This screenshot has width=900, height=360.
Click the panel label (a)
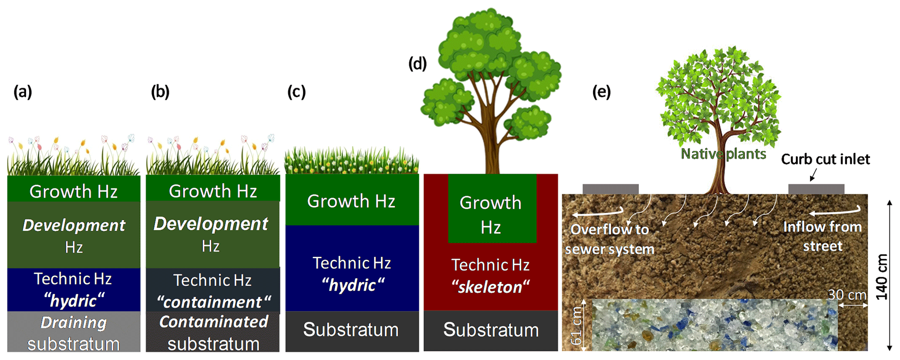click(x=23, y=92)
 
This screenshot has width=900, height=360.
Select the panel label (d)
click(x=418, y=64)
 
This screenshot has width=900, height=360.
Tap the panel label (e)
click(x=601, y=92)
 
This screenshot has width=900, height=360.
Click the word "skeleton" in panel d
click(x=490, y=287)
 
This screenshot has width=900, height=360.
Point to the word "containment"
click(x=213, y=302)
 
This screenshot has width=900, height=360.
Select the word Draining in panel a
click(x=74, y=323)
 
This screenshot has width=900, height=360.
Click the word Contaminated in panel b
click(x=213, y=322)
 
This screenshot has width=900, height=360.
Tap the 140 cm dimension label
click(x=882, y=277)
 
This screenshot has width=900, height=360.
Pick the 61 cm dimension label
click(x=577, y=326)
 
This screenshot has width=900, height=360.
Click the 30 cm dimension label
click(x=847, y=295)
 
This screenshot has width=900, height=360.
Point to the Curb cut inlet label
click(x=825, y=159)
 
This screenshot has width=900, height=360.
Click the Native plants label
click(x=723, y=154)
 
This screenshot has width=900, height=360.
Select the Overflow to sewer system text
click(x=610, y=239)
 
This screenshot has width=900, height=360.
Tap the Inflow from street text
click(x=822, y=236)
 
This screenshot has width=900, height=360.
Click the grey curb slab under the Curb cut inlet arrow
click(x=816, y=189)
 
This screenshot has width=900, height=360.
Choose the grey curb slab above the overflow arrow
click(x=610, y=189)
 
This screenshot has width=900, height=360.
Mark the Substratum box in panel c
click(x=352, y=331)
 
